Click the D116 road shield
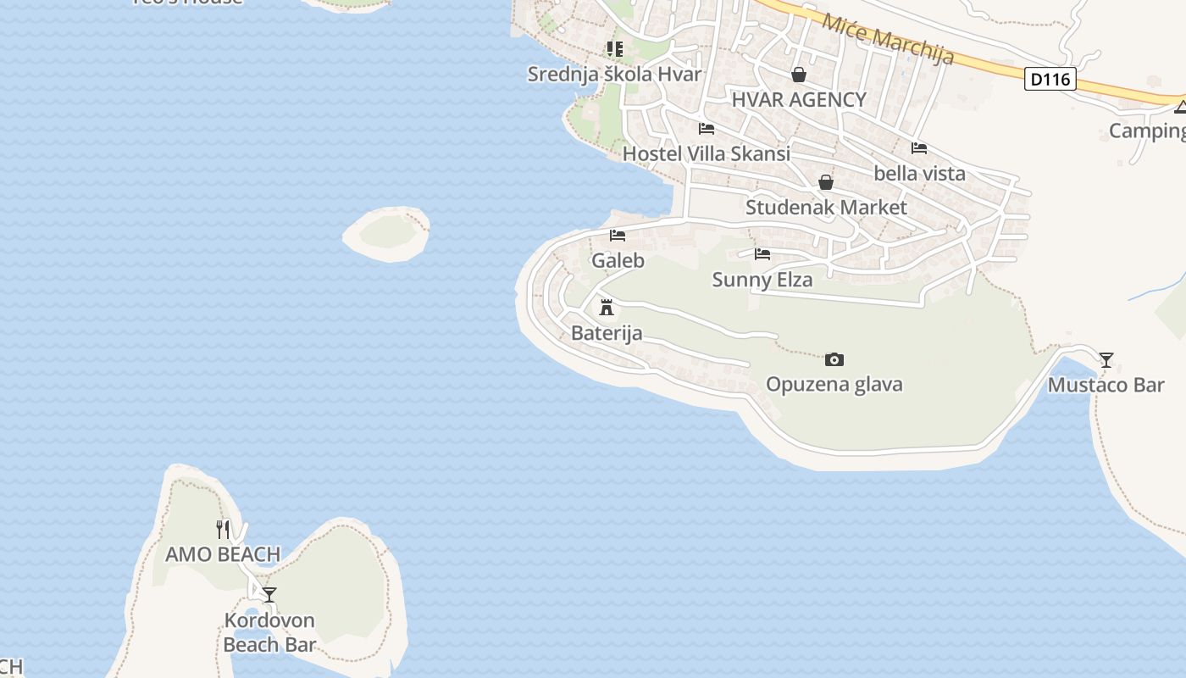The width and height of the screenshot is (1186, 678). pos(1050,80)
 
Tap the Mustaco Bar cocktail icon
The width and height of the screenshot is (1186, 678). pos(1106,360)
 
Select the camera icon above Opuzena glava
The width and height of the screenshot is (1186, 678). pos(834,359)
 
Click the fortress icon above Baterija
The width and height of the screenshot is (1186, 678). pos(607,307)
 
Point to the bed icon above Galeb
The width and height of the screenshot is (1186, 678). pos(618,235)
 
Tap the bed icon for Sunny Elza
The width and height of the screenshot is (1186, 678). pos(762,253)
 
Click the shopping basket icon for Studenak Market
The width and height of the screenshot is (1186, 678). pos(826,182)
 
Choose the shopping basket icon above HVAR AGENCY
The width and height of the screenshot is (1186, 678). pos(799,75)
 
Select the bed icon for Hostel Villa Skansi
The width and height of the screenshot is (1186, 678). pos(707,129)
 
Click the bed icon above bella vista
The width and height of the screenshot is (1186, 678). pos(919,148)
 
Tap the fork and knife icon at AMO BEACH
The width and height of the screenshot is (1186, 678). pos(223,529)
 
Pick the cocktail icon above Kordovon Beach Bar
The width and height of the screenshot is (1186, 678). pos(269,594)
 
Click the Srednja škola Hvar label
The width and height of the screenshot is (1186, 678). pos(614,75)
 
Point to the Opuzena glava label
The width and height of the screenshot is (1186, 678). pos(834,385)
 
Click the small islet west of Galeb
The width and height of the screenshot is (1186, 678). pos(387,233)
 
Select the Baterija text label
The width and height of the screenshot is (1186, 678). pos(607,333)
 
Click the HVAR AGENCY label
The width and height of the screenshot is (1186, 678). pos(799,100)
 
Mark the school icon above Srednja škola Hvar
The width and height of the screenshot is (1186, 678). pos(614,49)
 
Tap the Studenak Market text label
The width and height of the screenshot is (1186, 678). pos(826,208)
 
